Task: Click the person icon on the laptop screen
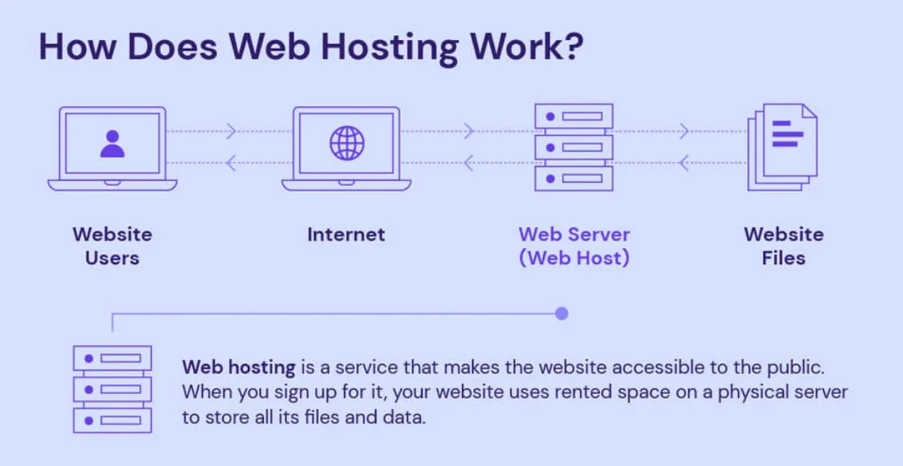(112, 144)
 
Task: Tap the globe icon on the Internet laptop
(347, 144)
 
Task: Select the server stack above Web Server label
(574, 148)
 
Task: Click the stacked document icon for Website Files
(783, 147)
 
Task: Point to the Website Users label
(112, 247)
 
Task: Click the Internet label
(346, 235)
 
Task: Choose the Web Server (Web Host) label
(574, 247)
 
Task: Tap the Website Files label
(783, 247)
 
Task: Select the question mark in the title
(571, 47)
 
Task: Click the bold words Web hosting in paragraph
(239, 368)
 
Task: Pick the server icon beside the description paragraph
(112, 389)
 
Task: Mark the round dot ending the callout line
(562, 314)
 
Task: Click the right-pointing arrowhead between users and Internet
(231, 131)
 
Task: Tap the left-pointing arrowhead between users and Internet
(231, 164)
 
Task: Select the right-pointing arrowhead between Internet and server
(469, 131)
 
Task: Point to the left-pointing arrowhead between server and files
(684, 164)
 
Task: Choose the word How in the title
(77, 47)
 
